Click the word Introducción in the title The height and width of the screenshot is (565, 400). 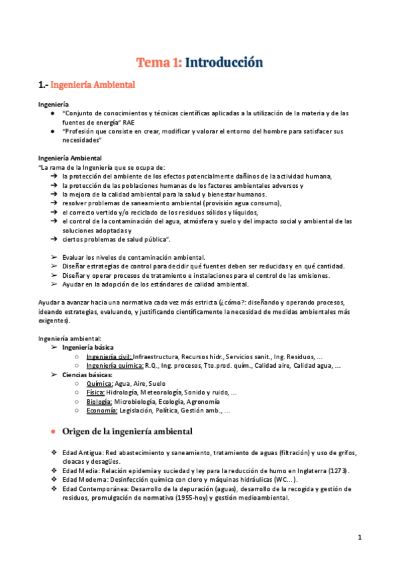223,63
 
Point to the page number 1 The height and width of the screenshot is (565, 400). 359,537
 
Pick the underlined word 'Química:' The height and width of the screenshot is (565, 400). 99,384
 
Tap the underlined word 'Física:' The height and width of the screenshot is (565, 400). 96,393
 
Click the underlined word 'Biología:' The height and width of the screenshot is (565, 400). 99,402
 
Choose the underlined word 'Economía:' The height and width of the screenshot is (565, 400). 102,411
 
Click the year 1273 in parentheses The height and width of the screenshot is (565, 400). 339,470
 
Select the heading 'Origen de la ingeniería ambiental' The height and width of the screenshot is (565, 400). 127,432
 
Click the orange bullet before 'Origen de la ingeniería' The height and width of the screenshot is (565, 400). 53,432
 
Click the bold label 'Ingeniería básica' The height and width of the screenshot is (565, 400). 87,347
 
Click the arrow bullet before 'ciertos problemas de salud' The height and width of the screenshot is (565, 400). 53,239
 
